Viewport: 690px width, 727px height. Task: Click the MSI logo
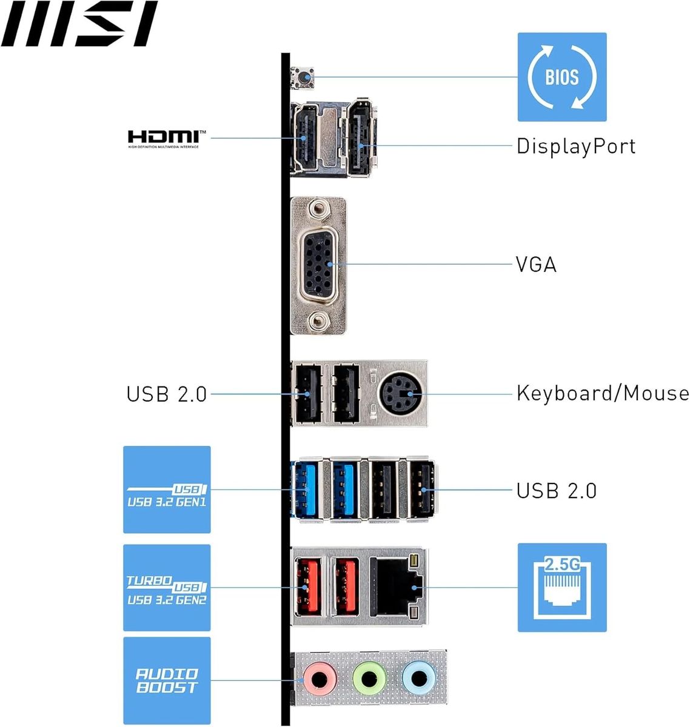pos(79,24)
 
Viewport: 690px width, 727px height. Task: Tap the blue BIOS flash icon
pos(561,77)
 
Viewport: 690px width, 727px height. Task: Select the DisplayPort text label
pos(575,146)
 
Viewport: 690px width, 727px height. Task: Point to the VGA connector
pos(318,265)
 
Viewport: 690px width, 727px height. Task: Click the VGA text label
pos(536,265)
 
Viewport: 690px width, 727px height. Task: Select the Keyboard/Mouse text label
pos(602,393)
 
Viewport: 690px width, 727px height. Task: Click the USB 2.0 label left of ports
pos(167,394)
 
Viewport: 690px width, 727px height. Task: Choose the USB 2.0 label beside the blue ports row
pos(556,490)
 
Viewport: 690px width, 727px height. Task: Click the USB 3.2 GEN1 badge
pos(167,490)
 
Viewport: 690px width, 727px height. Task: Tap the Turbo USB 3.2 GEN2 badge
pos(167,588)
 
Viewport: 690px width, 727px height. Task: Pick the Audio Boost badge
pos(167,680)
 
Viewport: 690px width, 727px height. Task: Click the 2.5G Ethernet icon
pos(561,587)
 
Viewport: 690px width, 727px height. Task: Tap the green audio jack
pos(369,678)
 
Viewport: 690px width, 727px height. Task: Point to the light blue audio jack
pos(418,678)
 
